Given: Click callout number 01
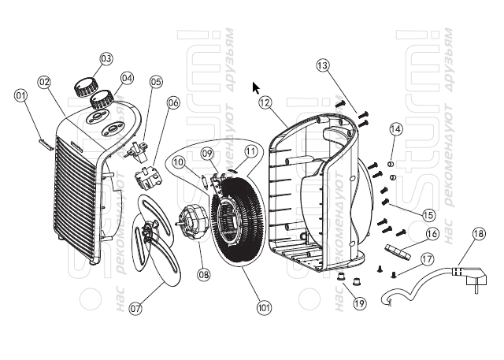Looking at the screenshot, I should pyautogui.click(x=21, y=96).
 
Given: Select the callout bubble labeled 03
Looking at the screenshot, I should pyautogui.click(x=106, y=58).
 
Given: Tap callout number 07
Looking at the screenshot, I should pyautogui.click(x=135, y=309).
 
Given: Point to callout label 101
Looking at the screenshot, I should pyautogui.click(x=261, y=307).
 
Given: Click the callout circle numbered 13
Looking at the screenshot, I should pyautogui.click(x=322, y=65).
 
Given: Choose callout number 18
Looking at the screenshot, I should pyautogui.click(x=480, y=232).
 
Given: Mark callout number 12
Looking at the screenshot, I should pyautogui.click(x=265, y=102).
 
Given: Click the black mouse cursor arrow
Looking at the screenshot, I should pyautogui.click(x=255, y=87).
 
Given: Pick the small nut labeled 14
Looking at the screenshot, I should pyautogui.click(x=391, y=161).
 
